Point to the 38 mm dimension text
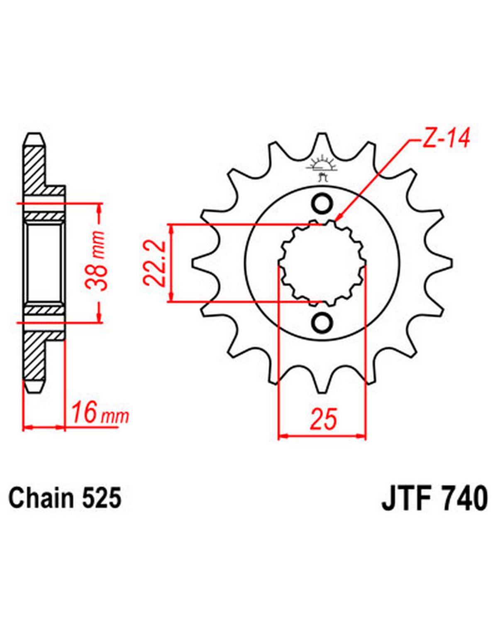[x=95, y=260]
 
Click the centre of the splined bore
[x=322, y=263]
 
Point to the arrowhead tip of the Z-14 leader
[x=337, y=221]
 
